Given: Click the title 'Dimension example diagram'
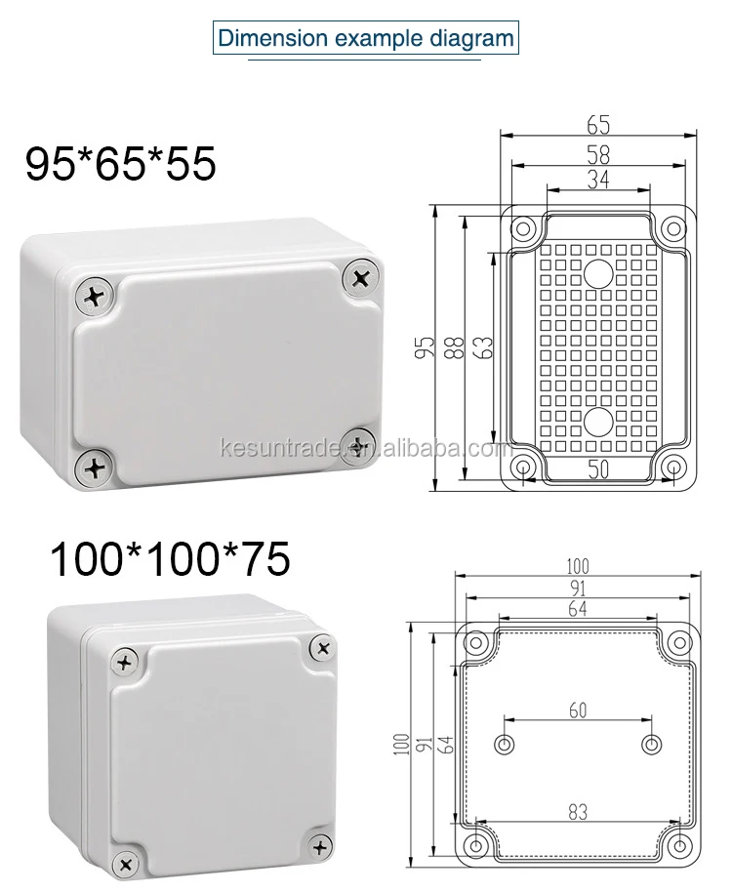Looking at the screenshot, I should click(366, 39).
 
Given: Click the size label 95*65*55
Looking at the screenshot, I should click(119, 164).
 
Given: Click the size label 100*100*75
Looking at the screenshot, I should click(170, 559).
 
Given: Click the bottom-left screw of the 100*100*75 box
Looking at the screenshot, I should click(125, 863).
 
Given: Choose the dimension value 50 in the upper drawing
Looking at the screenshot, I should click(598, 469).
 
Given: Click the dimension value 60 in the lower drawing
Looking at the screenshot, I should click(578, 710).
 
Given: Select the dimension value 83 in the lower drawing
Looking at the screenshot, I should click(578, 809).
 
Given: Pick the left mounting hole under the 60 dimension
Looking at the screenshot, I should click(504, 745).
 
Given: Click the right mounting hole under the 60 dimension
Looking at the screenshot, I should click(651, 745).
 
